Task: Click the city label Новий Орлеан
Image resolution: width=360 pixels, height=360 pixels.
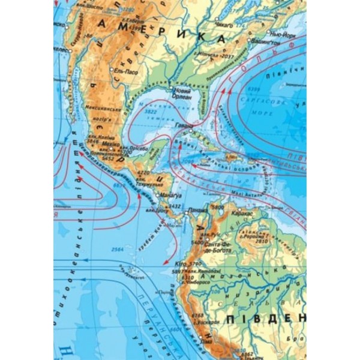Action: tap(184, 94)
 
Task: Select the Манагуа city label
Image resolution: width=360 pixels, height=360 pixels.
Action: tap(169, 195)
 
